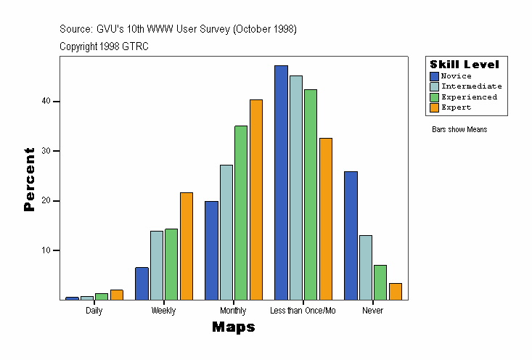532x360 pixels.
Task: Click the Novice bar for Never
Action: tap(351, 236)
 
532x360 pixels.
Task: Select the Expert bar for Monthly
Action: tap(256, 200)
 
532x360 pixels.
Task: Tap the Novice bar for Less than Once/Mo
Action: tap(281, 183)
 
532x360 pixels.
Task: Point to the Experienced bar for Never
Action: tap(380, 282)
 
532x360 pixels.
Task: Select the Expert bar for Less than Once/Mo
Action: tap(326, 219)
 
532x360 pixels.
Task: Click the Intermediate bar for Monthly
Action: tap(226, 232)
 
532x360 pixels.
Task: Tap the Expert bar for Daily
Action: tap(117, 295)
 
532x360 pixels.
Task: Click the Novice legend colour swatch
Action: tap(434, 76)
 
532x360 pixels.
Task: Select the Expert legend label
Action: tap(456, 107)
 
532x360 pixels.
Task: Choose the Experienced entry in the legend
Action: tap(469, 97)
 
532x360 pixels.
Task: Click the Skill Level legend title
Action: tap(465, 65)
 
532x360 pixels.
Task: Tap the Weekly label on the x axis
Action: tap(163, 311)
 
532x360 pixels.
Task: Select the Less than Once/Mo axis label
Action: tap(303, 311)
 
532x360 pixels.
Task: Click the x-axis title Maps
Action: tap(234, 327)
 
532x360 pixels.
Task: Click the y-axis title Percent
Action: tap(29, 179)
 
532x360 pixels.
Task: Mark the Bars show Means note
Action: tap(459, 130)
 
